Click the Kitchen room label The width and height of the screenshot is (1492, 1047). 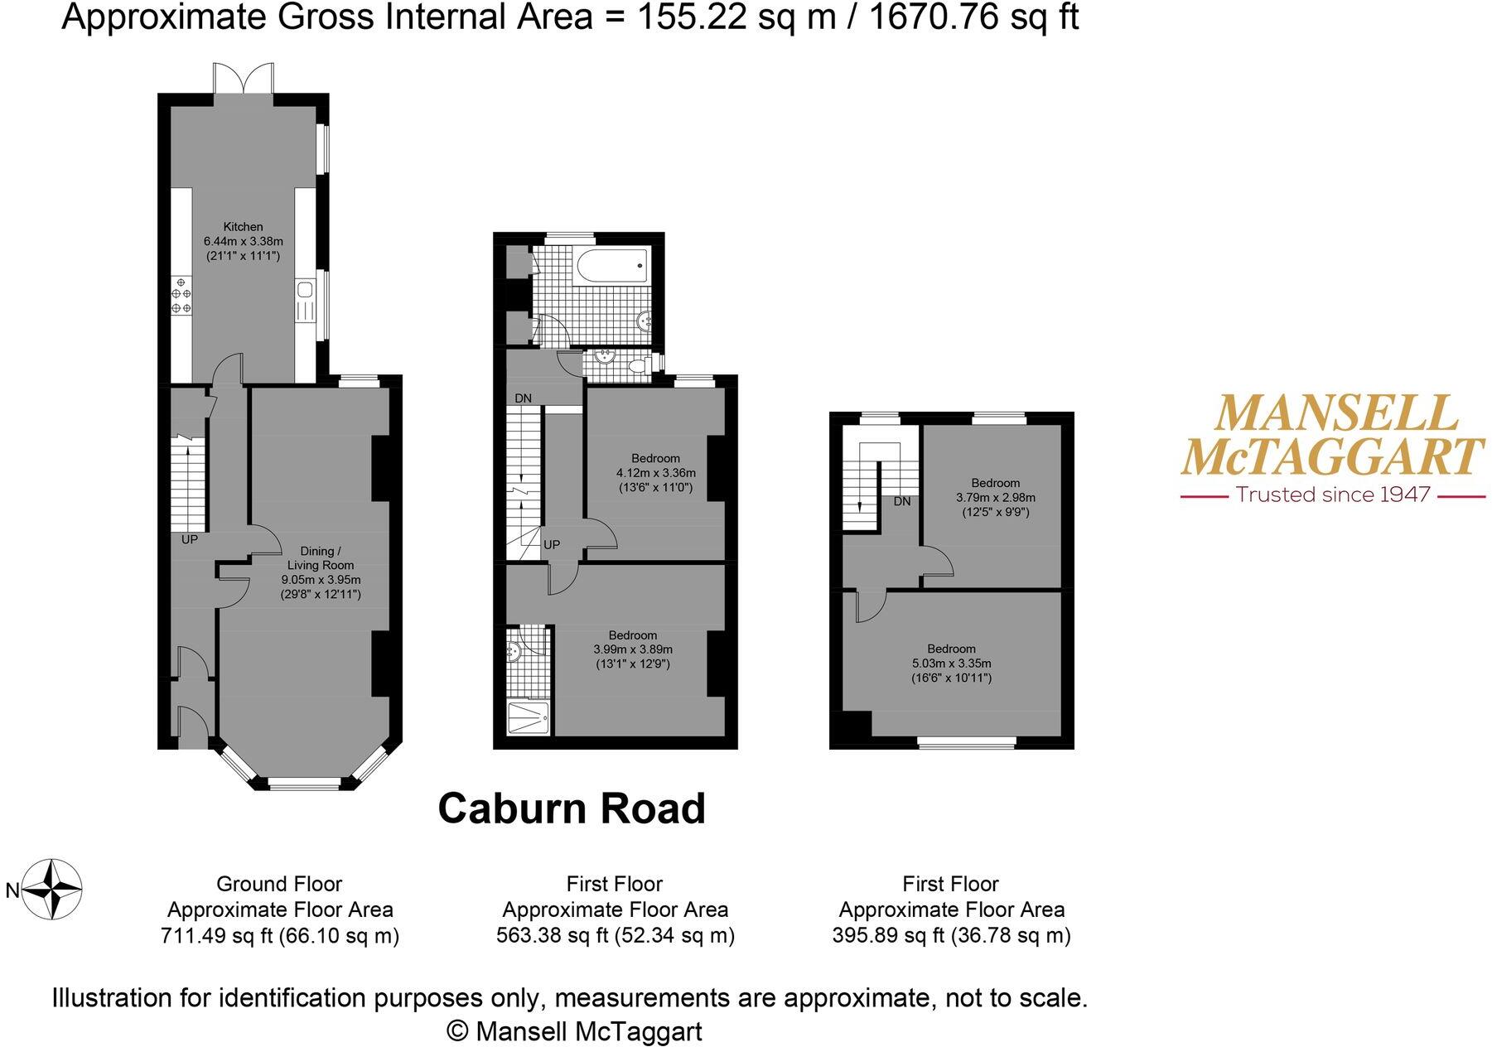click(243, 226)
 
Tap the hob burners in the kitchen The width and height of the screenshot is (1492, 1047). click(181, 297)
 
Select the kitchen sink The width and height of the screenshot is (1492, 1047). click(305, 290)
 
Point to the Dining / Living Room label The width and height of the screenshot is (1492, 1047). click(321, 557)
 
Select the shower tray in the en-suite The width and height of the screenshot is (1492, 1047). click(527, 717)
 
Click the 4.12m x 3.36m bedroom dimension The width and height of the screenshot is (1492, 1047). click(655, 473)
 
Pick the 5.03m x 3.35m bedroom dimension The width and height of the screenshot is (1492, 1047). click(951, 663)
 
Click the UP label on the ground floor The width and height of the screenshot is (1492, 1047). click(190, 539)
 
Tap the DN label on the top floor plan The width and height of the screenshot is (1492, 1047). click(902, 501)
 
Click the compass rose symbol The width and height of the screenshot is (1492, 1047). click(51, 890)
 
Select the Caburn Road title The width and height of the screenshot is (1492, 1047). click(572, 808)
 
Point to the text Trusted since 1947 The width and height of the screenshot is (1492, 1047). click(1333, 495)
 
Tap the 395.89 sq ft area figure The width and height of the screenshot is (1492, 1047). click(883, 936)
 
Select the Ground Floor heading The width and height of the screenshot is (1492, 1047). click(279, 884)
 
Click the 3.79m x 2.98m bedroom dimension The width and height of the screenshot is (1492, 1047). click(995, 498)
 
